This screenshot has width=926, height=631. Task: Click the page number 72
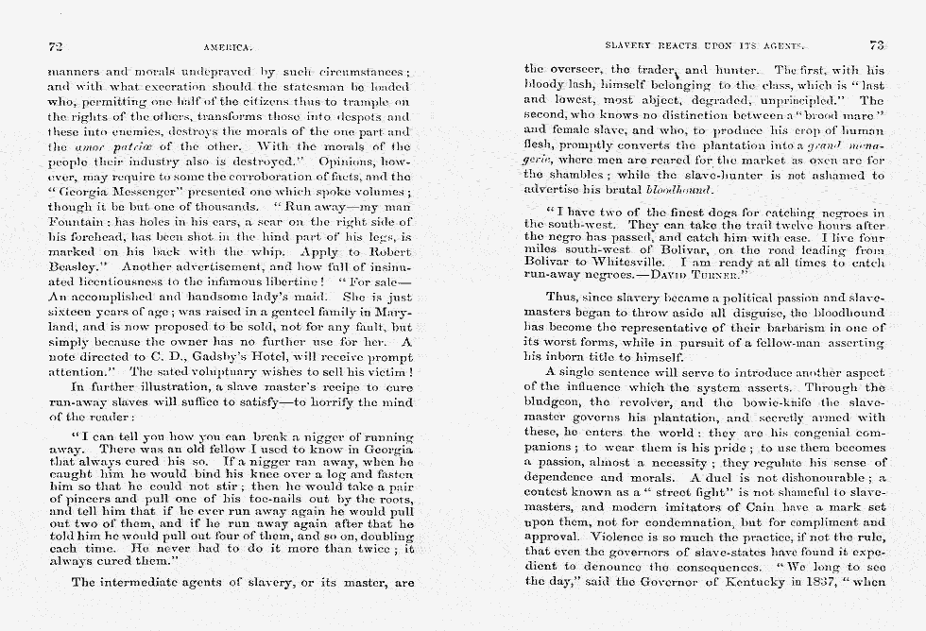point(55,44)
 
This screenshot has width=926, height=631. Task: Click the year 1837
point(802,582)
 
